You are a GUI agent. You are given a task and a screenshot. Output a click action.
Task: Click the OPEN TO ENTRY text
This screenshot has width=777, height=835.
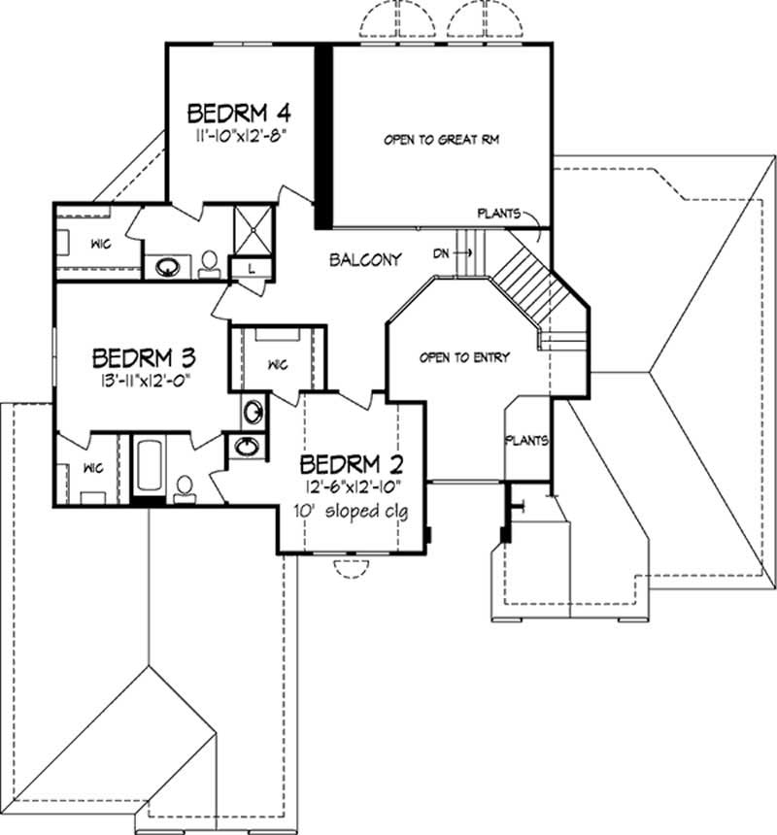point(463,357)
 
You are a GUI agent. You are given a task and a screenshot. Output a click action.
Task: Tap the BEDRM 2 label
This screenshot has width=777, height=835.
point(352,462)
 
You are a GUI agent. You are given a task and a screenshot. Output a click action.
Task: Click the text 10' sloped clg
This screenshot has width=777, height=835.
point(354,510)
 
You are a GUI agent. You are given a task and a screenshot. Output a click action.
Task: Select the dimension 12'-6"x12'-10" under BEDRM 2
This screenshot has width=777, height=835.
point(352,486)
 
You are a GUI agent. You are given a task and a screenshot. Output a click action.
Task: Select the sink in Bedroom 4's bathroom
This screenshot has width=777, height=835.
point(167,265)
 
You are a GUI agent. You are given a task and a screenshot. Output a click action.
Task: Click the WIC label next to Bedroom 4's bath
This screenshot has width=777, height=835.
point(100,244)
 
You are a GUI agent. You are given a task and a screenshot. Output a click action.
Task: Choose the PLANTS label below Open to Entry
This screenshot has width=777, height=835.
point(525,440)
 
